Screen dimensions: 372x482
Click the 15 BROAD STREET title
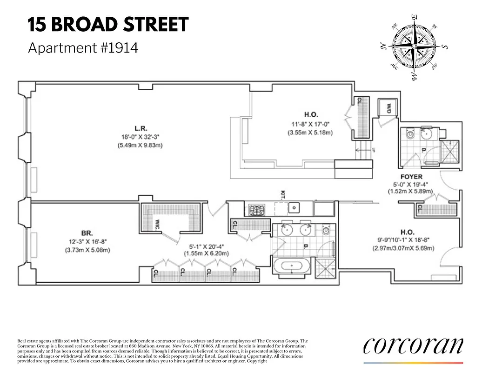tap(108, 25)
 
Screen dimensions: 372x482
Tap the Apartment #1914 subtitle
tap(83, 48)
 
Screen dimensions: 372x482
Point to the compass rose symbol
tap(413, 47)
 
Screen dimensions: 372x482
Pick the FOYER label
tap(411, 177)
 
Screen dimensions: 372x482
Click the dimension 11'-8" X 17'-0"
tap(311, 124)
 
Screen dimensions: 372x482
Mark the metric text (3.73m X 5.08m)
tap(87, 250)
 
